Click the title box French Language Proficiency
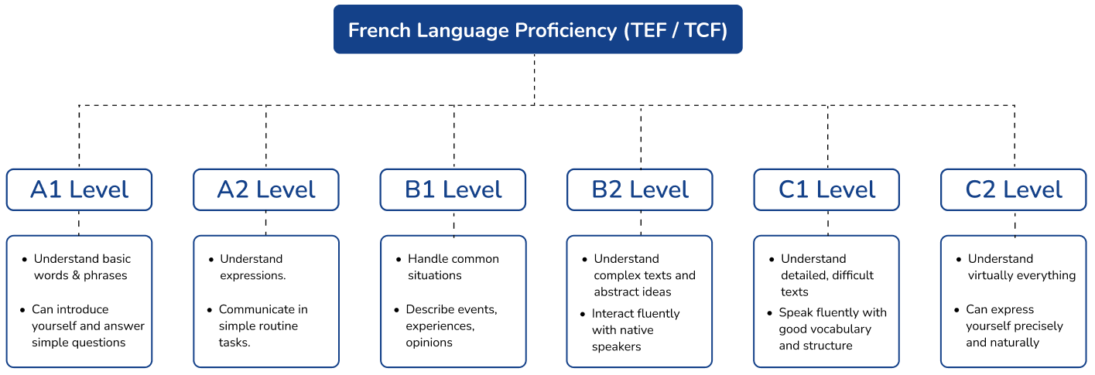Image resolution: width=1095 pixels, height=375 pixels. [538, 29]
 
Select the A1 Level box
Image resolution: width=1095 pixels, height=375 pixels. [79, 189]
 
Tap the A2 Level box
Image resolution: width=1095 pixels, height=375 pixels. [266, 189]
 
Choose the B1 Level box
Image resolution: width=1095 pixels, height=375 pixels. [453, 189]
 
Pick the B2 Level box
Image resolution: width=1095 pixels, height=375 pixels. [640, 189]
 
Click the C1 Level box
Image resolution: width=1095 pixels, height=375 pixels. [826, 189]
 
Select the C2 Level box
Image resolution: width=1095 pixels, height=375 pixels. [1014, 189]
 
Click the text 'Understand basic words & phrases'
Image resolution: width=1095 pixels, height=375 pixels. [82, 267]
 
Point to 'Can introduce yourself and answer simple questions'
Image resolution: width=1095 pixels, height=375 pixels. [88, 326]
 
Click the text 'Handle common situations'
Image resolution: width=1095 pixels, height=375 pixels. [453, 267]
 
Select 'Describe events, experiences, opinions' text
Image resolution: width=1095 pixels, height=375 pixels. [451, 326]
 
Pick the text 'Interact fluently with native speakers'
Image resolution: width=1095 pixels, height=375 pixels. [635, 330]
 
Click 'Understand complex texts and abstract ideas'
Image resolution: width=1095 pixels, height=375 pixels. [645, 275]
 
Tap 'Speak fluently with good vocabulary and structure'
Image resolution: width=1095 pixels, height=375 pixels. [833, 329]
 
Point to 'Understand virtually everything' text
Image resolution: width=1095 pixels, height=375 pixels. [1021, 267]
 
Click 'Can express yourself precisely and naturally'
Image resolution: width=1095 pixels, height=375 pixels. [1015, 326]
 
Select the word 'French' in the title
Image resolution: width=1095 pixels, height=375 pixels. [379, 30]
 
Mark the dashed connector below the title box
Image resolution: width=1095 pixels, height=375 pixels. [534, 80]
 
